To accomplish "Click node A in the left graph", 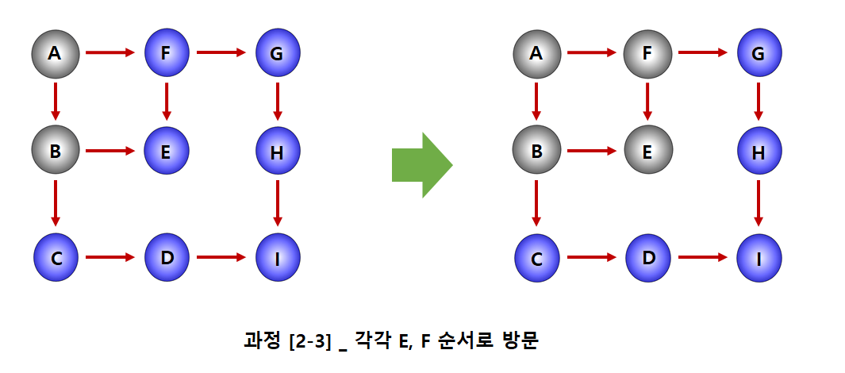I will coord(55,54).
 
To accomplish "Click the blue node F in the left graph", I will coord(167,54).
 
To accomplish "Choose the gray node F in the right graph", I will coord(647,54).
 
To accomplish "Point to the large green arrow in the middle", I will coord(421,165).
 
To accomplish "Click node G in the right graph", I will coord(759,54).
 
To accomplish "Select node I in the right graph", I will coord(759,258).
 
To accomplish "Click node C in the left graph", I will coord(56,258).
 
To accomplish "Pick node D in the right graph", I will coord(647,258).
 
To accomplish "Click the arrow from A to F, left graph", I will coord(110,53).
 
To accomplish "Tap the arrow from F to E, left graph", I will coord(167,102).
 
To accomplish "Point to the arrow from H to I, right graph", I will coord(759,203).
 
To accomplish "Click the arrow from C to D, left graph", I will coord(110,257).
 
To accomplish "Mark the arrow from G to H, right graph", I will coord(759,102).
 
